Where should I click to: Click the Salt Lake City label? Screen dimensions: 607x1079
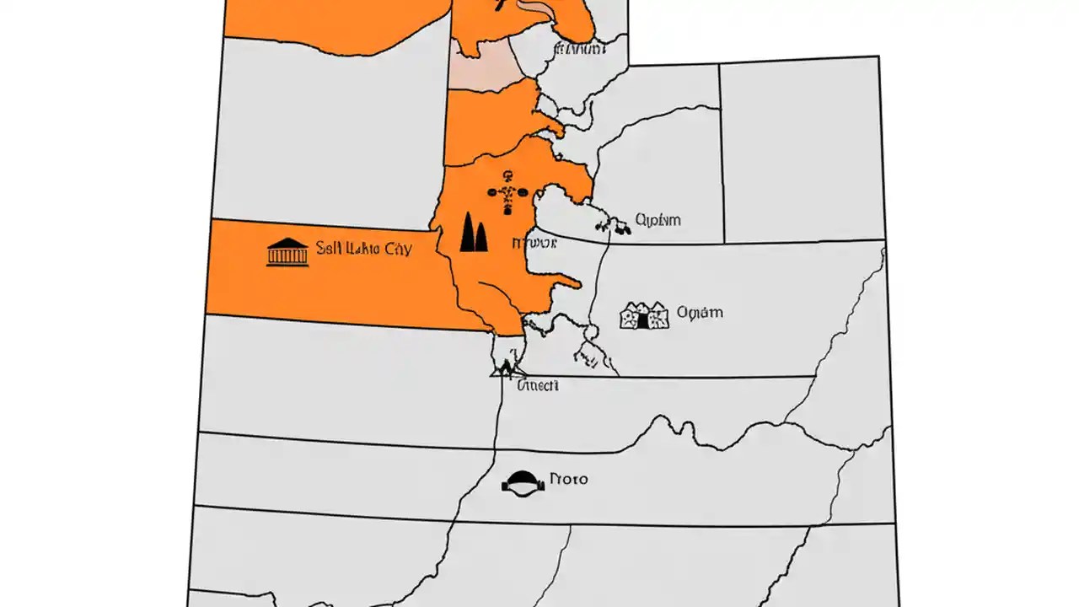363,250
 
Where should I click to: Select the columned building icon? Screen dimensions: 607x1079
287,252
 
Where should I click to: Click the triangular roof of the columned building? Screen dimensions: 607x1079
287,243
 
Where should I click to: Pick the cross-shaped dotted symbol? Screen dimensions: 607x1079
507,193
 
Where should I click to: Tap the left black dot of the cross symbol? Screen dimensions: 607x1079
492,193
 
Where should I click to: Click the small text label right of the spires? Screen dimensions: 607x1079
534,244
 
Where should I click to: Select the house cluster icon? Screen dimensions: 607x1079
644,315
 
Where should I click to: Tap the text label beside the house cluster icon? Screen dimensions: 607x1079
700,313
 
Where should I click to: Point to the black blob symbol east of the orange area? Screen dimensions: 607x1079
613,226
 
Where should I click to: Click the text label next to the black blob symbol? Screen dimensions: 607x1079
658,221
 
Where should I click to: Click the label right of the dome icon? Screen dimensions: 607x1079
568,479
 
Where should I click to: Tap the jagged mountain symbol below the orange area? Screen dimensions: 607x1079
507,368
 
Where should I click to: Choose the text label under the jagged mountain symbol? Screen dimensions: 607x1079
537,385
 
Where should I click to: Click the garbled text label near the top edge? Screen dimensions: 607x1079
579,50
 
